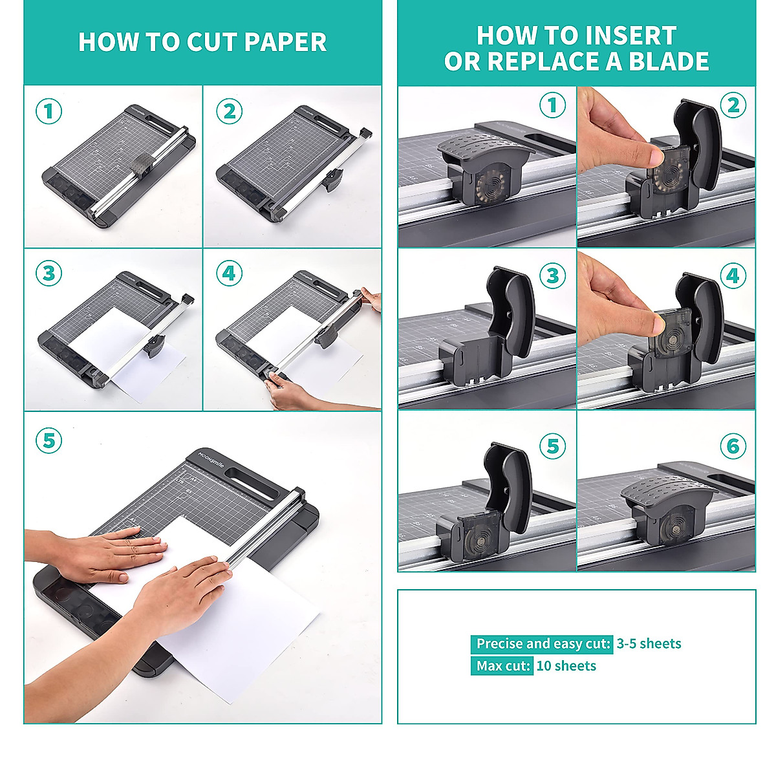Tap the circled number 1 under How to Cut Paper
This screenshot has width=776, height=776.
coord(48,111)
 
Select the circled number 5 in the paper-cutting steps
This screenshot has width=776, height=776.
coord(48,442)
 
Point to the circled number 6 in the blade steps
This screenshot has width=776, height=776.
coord(733,446)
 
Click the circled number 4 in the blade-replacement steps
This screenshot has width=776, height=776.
coord(733,276)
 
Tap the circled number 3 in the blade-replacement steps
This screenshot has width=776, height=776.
coord(553,276)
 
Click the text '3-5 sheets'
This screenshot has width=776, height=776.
coord(649,643)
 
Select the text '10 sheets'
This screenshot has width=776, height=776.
coord(566,665)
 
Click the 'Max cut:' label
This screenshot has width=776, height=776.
coord(502,665)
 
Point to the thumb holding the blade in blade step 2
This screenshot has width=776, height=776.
coord(647,155)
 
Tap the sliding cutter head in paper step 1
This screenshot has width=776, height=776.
coord(143,166)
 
